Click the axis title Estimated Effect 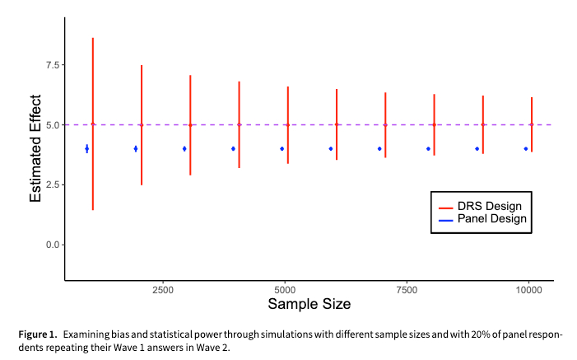click(x=37, y=157)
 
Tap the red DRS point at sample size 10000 click(x=532, y=124)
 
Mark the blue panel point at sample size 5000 click(x=282, y=148)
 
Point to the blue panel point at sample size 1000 click(x=86, y=148)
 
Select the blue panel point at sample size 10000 click(x=525, y=148)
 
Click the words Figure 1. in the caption click(x=39, y=335)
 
